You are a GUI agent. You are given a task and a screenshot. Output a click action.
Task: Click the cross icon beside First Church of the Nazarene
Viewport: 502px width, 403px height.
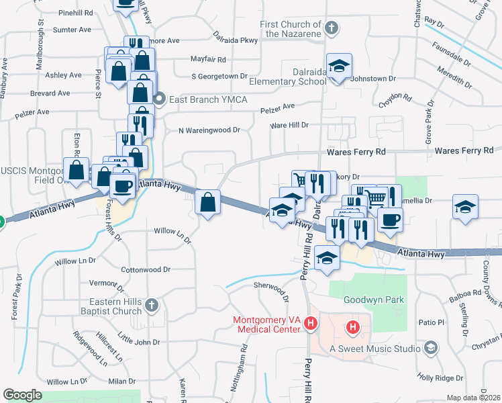(x=331, y=28)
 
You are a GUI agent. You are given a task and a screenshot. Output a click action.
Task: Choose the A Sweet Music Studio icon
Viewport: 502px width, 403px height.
(x=431, y=348)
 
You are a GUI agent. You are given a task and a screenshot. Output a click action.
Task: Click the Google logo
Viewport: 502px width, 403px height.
(x=22, y=395)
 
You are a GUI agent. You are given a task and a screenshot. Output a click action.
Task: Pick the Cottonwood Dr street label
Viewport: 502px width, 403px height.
(x=146, y=269)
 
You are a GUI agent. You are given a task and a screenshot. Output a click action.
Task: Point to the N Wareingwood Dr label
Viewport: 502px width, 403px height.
(x=209, y=130)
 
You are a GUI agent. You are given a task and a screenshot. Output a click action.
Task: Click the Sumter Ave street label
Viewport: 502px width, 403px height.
(x=72, y=30)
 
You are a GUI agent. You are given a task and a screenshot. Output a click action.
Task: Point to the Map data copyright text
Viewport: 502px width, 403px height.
(x=473, y=398)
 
